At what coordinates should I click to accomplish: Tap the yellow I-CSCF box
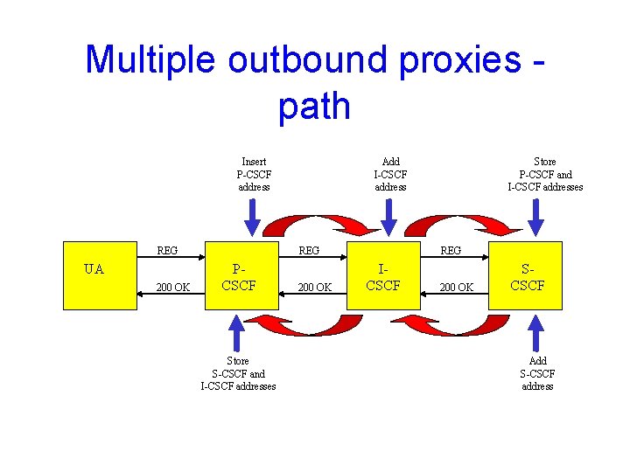click(x=383, y=275)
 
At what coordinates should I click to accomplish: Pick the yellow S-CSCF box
click(x=528, y=275)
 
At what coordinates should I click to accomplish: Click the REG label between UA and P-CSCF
click(x=167, y=250)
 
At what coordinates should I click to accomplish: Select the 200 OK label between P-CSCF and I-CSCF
click(x=314, y=287)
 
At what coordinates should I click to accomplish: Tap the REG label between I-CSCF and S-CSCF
click(x=451, y=250)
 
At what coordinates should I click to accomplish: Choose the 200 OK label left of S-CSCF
click(x=457, y=287)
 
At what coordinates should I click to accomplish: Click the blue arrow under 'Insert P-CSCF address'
click(x=252, y=217)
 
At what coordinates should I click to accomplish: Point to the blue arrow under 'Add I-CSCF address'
click(x=392, y=217)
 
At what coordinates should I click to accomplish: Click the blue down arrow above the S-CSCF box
click(x=536, y=217)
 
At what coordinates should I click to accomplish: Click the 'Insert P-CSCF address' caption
click(x=254, y=174)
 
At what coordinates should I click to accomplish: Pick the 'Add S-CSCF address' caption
click(x=538, y=373)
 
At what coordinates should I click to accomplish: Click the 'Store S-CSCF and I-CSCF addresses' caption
click(x=238, y=373)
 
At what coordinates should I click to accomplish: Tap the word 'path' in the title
click(x=314, y=106)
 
